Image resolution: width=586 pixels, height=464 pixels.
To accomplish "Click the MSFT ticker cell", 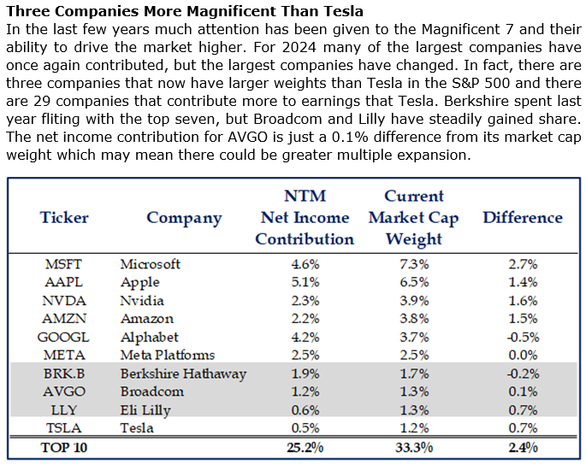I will tap(64, 265).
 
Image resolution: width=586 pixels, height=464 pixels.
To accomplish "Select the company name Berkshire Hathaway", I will tap(183, 373).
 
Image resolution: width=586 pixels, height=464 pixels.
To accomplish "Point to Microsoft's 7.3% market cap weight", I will tap(413, 265).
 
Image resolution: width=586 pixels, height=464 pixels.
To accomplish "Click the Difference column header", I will tap(523, 217).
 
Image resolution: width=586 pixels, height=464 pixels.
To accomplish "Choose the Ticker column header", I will tap(64, 217).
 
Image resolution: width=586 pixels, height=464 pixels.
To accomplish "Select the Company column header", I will tap(184, 217).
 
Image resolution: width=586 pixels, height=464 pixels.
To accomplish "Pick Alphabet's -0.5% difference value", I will tap(522, 337).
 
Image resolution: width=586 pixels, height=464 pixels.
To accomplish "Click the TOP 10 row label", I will tap(64, 447).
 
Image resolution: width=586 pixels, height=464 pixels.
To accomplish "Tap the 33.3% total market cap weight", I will tap(413, 447).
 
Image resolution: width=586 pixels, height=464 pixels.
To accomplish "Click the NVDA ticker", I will tap(64, 301).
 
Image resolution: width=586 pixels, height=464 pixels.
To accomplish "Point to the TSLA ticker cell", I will tap(64, 427).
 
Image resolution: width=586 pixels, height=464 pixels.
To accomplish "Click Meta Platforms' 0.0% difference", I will tap(523, 355).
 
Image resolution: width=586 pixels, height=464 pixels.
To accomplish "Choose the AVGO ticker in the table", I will tap(64, 391).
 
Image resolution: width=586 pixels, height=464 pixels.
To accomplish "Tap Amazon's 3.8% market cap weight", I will tap(413, 319).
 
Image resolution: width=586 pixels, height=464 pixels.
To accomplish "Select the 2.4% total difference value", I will tap(523, 447).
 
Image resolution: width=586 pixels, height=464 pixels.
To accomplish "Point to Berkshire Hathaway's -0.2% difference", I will tap(522, 373).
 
